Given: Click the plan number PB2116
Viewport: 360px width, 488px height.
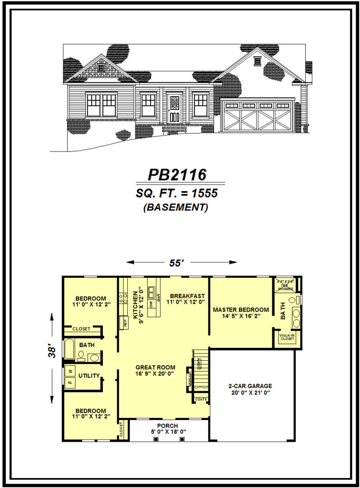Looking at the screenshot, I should pos(177,175).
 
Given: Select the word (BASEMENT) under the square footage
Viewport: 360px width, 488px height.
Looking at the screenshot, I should pos(176,208).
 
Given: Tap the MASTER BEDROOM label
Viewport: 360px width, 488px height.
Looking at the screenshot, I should pos(241,309).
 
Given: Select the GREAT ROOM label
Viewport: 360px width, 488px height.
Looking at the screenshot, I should pos(155,367).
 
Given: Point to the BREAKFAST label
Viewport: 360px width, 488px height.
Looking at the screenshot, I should pos(187,296).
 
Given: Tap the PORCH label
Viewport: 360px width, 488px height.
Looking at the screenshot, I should pos(167,426).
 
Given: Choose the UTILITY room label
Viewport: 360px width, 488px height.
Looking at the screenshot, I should pos(89,376).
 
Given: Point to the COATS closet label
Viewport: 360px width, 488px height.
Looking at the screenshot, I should pos(201,399).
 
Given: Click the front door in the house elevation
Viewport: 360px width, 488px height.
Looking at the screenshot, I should pos(174,109).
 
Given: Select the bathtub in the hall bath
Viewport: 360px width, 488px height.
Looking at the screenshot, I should pos(70,349).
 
